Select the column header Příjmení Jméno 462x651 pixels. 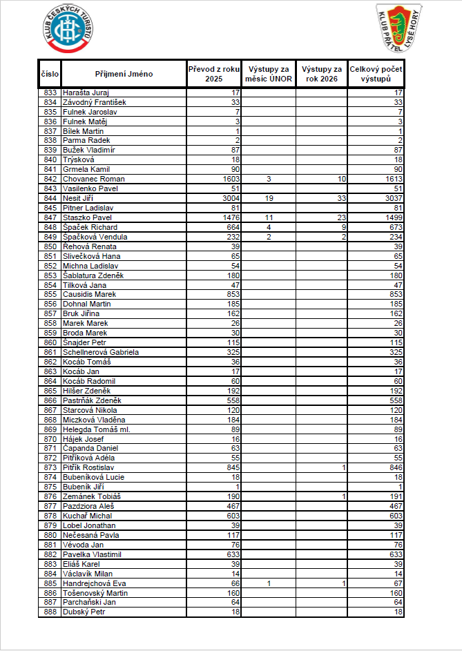(x=124, y=74)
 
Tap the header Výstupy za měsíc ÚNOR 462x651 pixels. (x=270, y=74)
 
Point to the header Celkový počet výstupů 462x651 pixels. (x=376, y=74)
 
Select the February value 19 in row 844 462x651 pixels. (x=270, y=198)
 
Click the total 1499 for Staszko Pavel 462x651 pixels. (x=392, y=217)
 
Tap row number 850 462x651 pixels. (x=50, y=246)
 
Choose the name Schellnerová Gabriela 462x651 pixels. (x=101, y=352)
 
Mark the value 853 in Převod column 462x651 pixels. (x=231, y=294)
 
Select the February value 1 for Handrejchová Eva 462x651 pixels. (x=270, y=583)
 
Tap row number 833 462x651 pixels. (x=50, y=93)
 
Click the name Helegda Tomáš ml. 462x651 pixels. (x=96, y=429)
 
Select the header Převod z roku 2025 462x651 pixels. (x=214, y=74)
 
